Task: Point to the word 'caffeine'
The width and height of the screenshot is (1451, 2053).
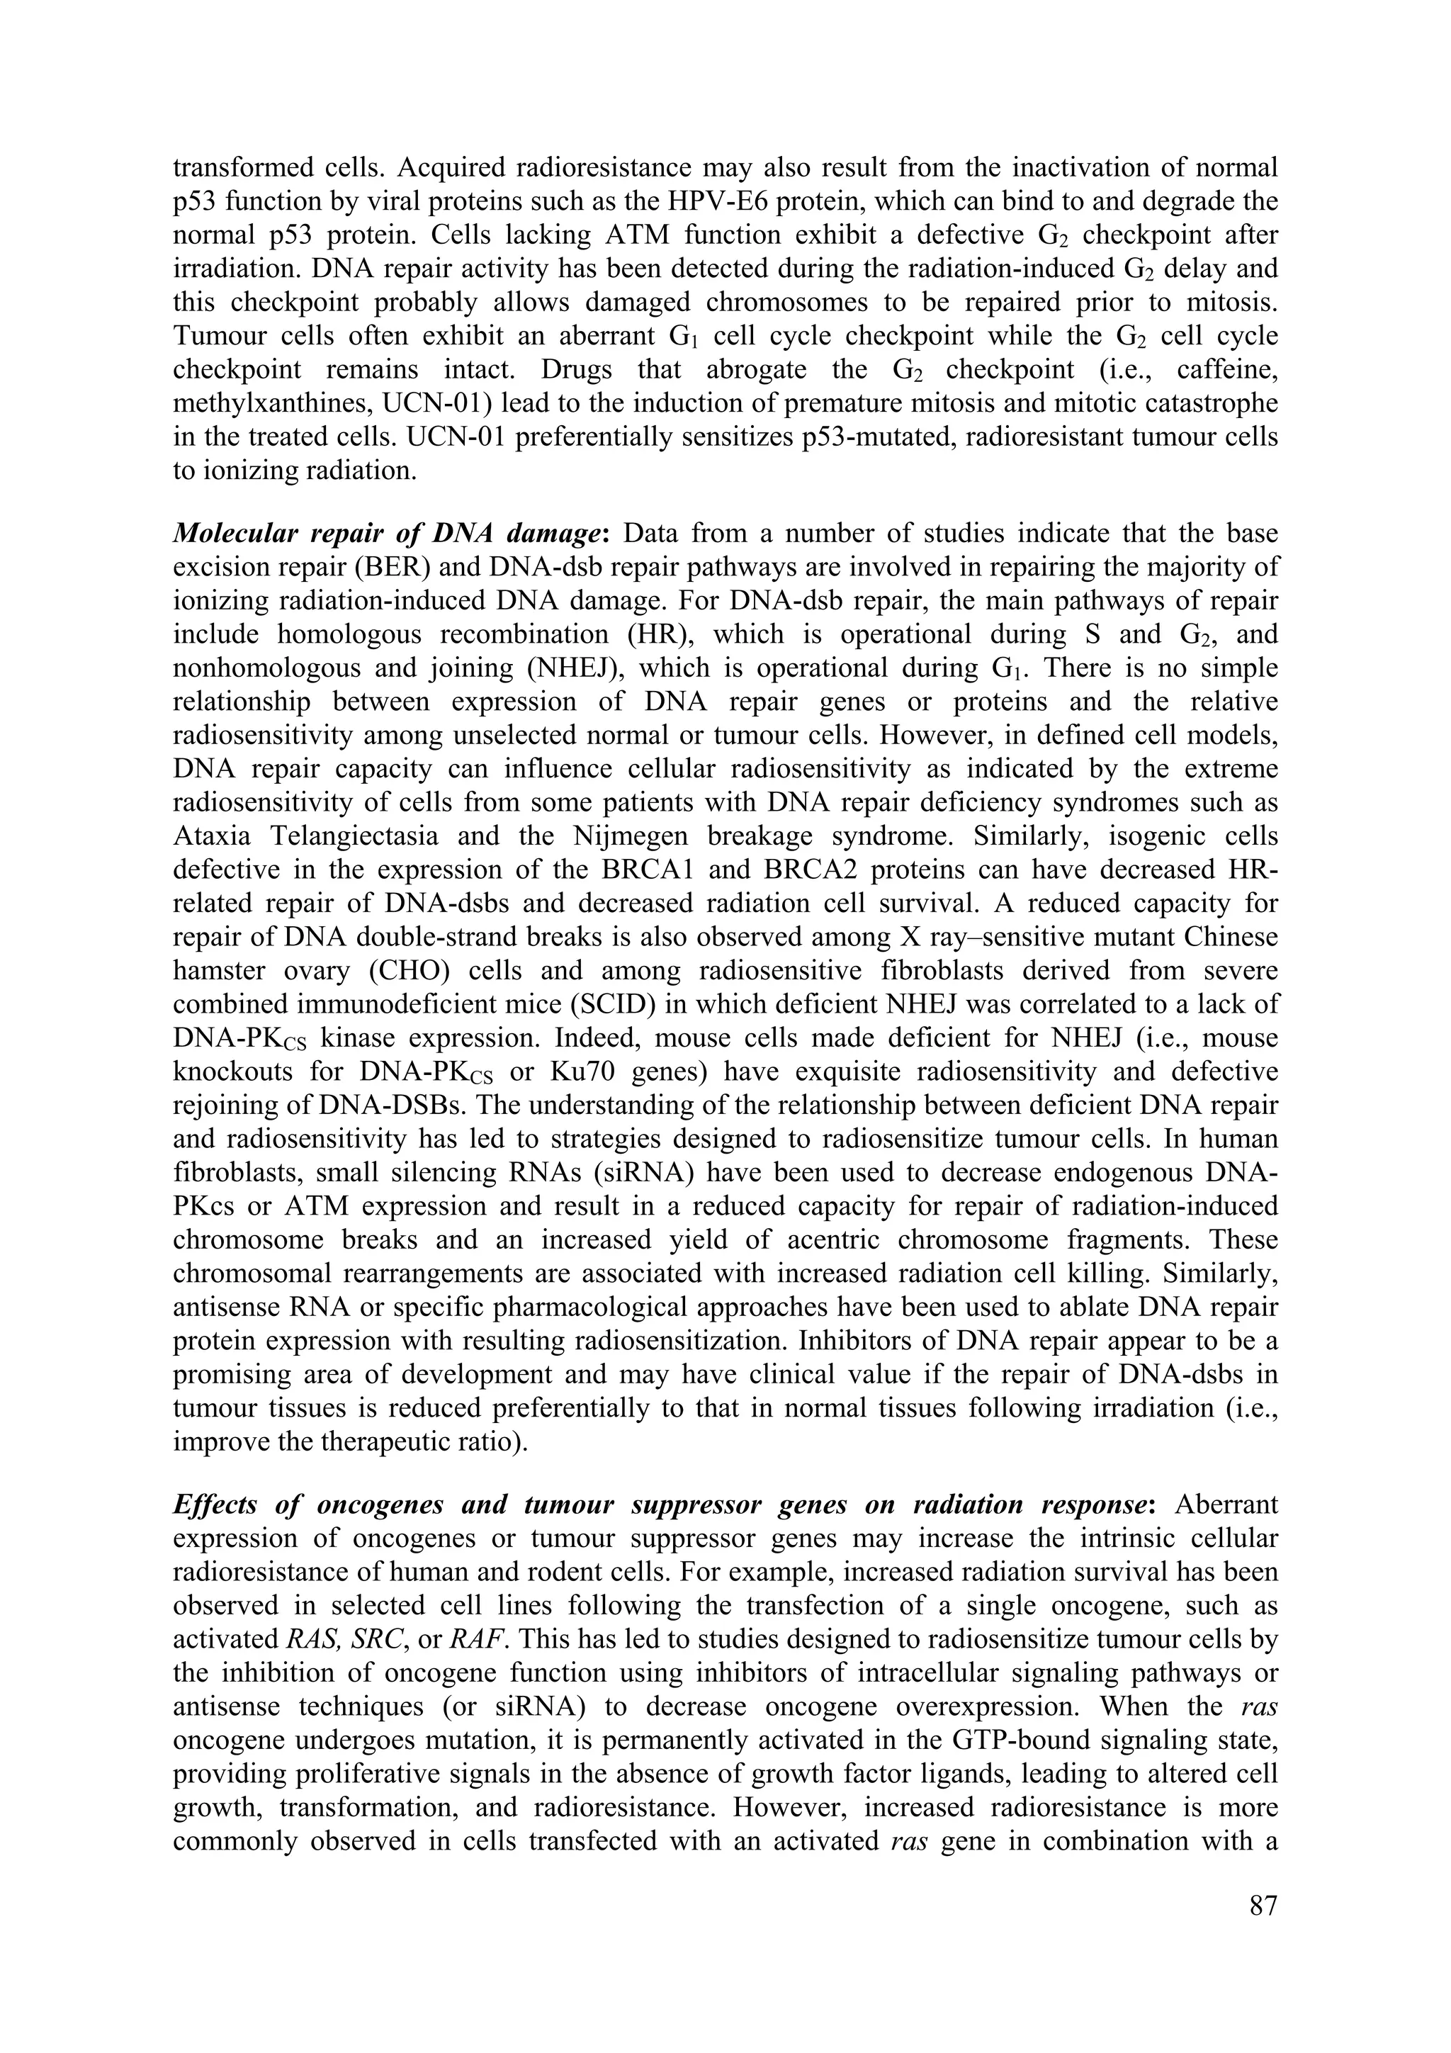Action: pyautogui.click(x=1228, y=369)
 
